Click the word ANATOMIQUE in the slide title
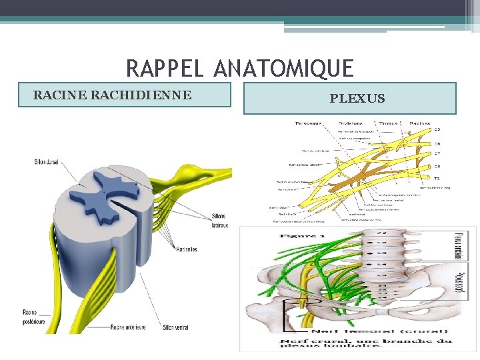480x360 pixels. point(285,68)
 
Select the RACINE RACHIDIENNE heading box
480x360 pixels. point(125,95)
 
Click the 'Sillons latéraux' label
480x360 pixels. point(219,221)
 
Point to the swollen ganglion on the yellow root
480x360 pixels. point(200,174)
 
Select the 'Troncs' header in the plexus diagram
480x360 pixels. point(387,123)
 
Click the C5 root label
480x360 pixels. point(437,129)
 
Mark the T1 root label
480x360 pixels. point(437,179)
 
